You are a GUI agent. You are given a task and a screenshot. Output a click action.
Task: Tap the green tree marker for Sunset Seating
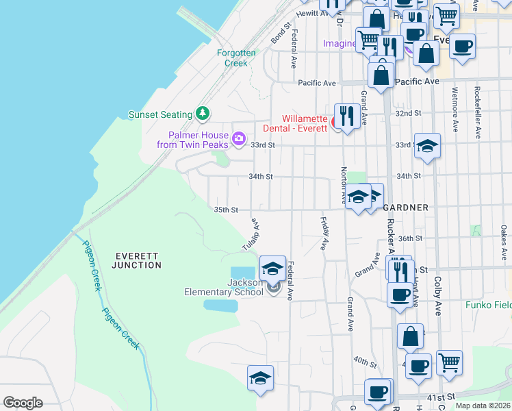pos(202,113)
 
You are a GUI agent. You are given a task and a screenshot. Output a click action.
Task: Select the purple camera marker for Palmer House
pos(238,139)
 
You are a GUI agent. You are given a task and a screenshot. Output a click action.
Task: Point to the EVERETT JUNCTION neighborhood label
pos(138,260)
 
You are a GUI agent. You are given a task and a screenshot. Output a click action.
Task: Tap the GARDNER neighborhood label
pos(406,207)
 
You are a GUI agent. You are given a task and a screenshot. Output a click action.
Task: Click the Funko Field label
pos(489,305)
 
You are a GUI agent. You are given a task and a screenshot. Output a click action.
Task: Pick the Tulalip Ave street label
pos(251,234)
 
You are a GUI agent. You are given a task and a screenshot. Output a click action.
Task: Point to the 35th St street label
pos(226,210)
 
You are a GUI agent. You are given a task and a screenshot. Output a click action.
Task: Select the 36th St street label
pos(410,238)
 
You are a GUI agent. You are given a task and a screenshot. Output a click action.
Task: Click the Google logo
pos(23,403)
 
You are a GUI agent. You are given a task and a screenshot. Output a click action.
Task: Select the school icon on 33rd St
pos(427,145)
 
